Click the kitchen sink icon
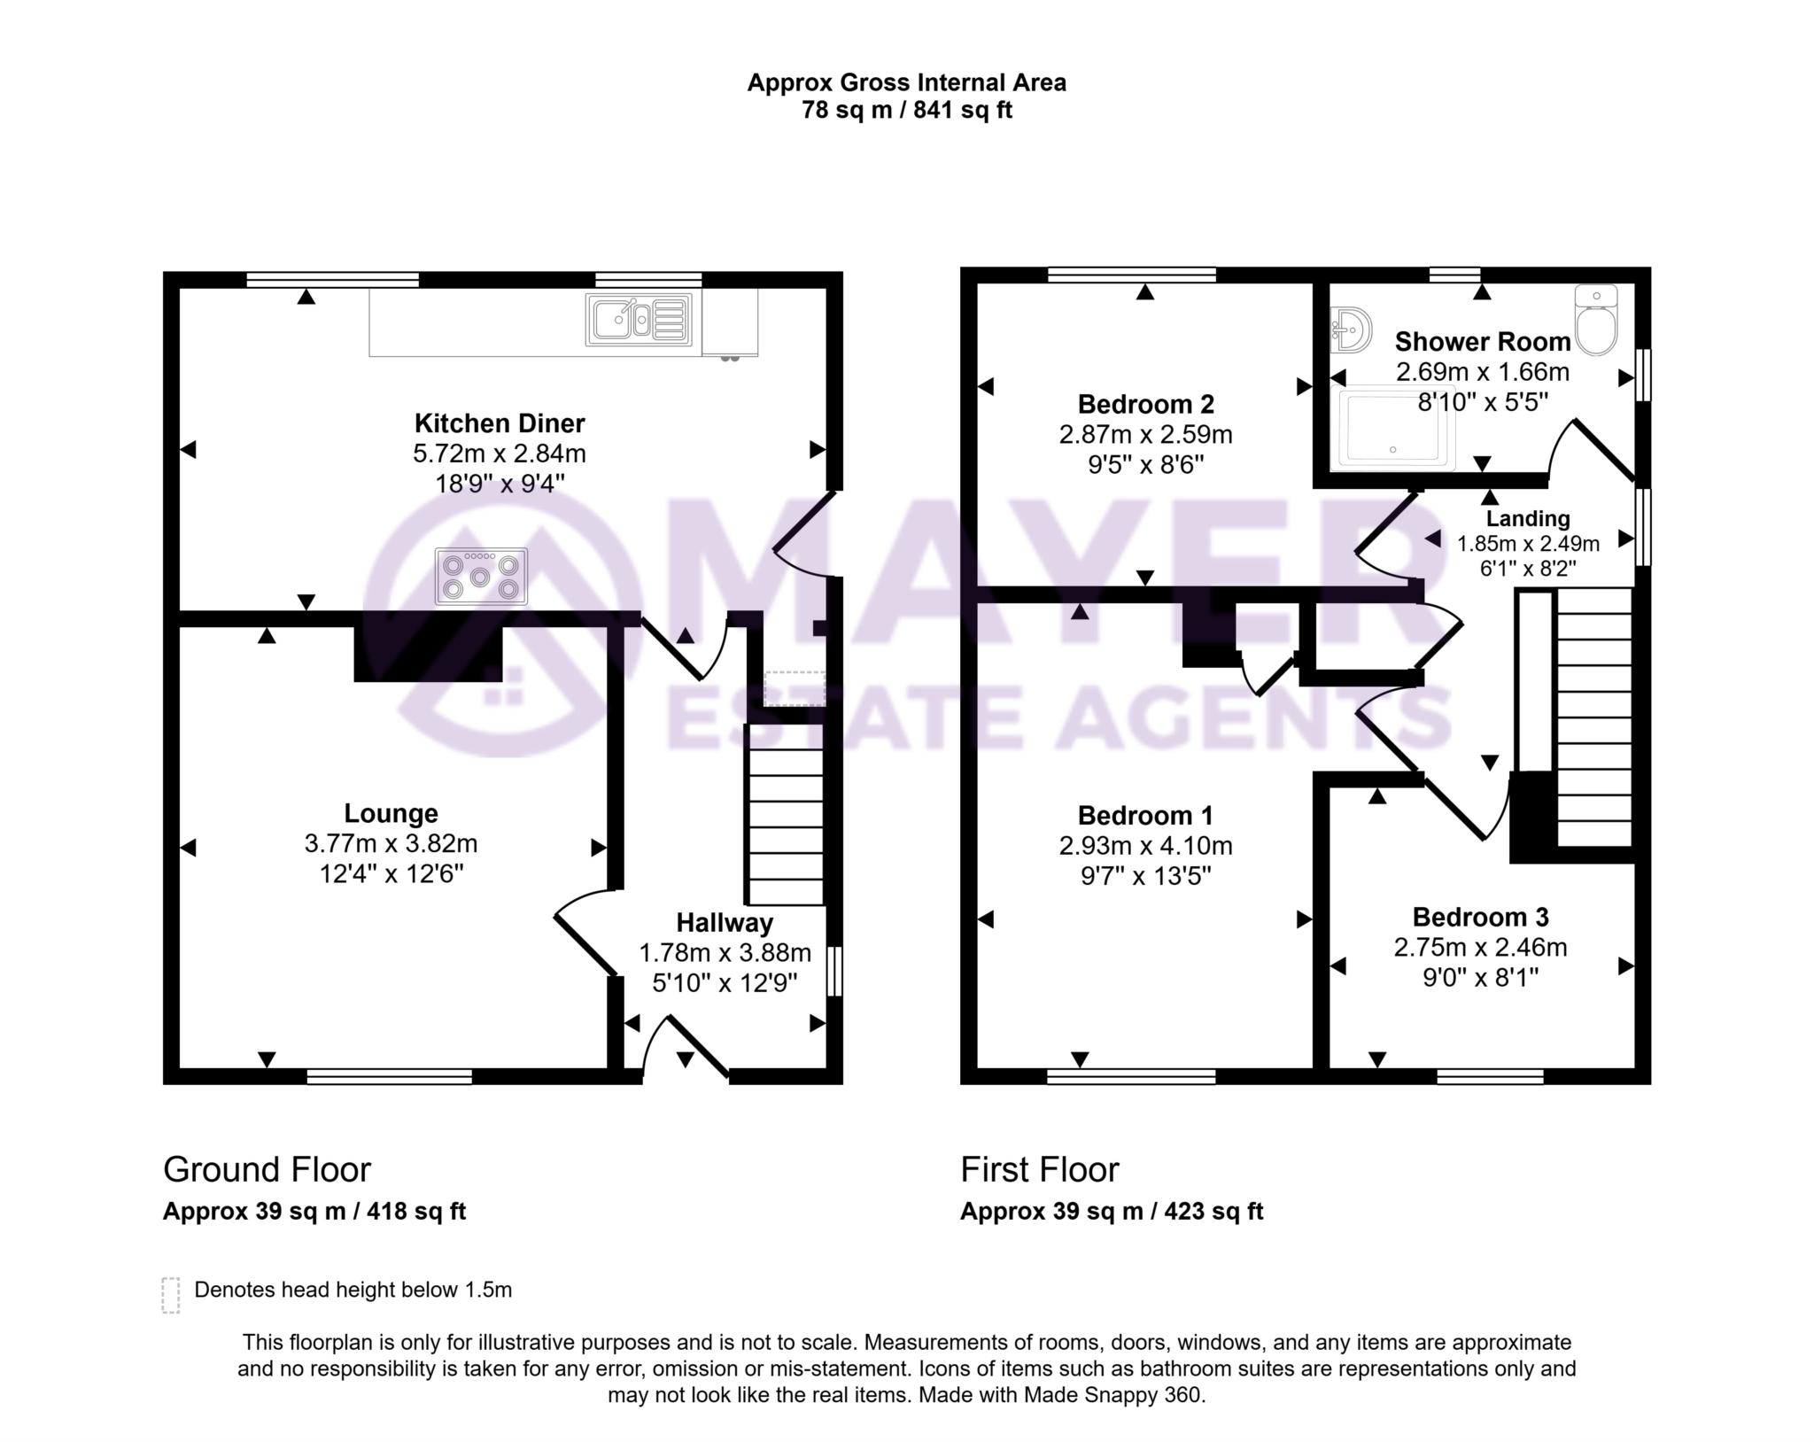tap(639, 319)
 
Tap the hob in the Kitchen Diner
tap(481, 577)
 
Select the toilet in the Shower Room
tap(1596, 321)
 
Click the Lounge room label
tap(391, 813)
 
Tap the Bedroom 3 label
tap(1480, 917)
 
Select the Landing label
tap(1528, 518)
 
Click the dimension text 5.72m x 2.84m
tap(500, 454)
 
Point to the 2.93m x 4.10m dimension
tap(1145, 846)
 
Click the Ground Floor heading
tap(267, 1170)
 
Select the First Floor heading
tap(1040, 1170)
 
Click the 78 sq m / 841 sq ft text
tap(906, 111)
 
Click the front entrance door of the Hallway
tap(686, 1050)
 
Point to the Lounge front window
tap(390, 1076)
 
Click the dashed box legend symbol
tap(171, 1294)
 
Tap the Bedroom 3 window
tap(1490, 1076)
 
